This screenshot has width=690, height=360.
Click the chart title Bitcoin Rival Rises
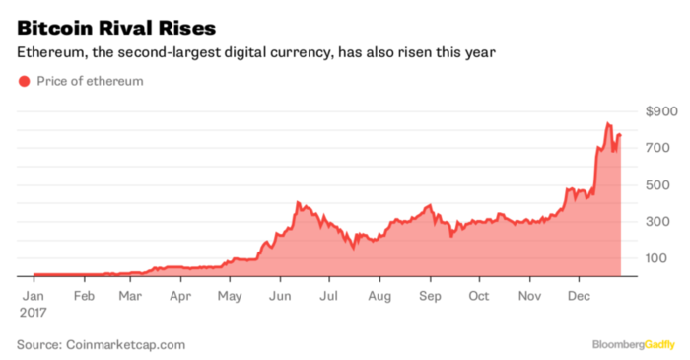point(110,22)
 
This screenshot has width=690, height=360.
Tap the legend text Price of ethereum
point(90,81)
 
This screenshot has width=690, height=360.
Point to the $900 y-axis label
point(660,110)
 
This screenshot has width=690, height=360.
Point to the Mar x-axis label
point(130,294)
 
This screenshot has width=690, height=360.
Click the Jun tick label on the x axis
point(280,294)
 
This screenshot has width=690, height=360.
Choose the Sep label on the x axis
point(430,294)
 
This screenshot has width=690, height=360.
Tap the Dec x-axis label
point(580,294)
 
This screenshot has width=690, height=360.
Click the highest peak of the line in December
point(608,124)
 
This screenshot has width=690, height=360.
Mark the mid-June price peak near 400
point(298,202)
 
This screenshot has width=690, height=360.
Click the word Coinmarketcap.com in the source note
point(127,344)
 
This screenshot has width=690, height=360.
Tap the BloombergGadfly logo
point(634,344)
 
